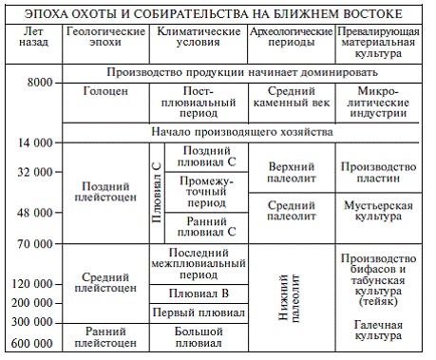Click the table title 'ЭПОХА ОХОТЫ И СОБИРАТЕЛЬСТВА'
pyautogui.click(x=218, y=11)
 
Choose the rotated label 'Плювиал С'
pyautogui.click(x=157, y=194)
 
